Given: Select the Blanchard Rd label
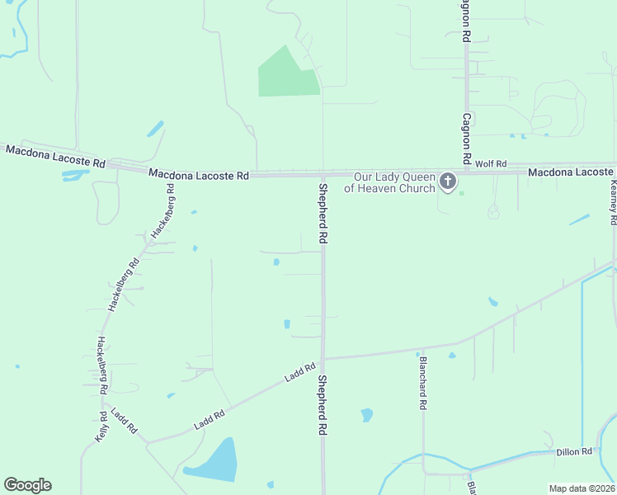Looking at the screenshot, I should [x=422, y=382].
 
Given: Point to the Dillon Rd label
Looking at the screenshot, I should [x=574, y=451].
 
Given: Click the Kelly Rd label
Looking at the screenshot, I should [x=101, y=426].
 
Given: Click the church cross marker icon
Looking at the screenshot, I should [x=448, y=181].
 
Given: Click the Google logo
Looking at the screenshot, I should [x=27, y=485].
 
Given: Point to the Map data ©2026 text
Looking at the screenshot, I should [x=581, y=488].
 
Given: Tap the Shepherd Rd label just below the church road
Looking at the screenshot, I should [x=323, y=212].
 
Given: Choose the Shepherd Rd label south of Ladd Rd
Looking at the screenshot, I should [x=323, y=406].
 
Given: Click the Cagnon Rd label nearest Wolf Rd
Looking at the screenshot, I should [x=466, y=139].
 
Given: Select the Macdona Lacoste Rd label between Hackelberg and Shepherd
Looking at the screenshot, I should [x=199, y=175].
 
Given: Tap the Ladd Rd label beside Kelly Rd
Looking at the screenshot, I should [x=123, y=422].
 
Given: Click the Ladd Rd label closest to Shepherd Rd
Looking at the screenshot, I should [x=300, y=373].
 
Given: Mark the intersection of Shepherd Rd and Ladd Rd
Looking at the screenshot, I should [x=323, y=359].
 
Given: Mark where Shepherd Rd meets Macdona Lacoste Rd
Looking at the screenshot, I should [x=323, y=175].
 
